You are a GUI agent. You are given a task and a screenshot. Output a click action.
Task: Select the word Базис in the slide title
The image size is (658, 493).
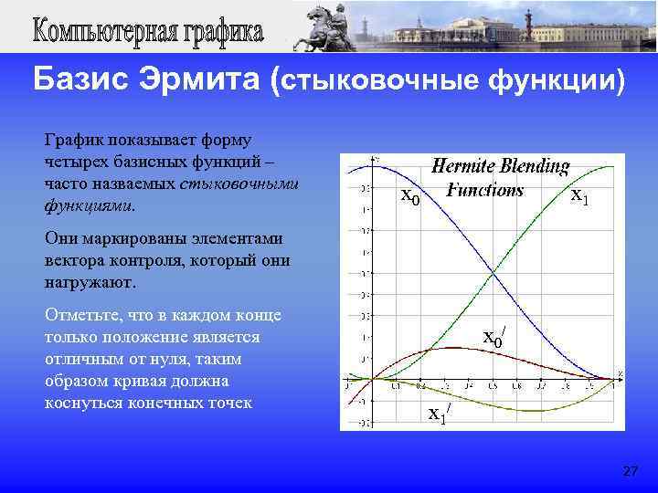click(78, 81)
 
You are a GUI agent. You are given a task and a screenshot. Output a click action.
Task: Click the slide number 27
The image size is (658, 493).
click(630, 471)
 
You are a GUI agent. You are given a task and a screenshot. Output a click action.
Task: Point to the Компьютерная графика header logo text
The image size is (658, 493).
click(149, 34)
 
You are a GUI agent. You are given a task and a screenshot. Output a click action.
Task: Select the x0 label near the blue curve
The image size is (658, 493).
click(411, 198)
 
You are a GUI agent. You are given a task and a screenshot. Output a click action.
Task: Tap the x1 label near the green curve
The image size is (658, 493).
click(579, 196)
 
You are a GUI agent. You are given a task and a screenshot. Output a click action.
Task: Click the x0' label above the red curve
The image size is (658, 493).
click(493, 339)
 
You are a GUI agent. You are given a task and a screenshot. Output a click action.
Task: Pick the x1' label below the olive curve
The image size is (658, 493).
click(439, 414)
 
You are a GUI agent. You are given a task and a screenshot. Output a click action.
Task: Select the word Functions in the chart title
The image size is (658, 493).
click(484, 190)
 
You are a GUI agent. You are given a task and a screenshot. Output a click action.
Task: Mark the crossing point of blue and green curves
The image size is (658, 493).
click(493, 271)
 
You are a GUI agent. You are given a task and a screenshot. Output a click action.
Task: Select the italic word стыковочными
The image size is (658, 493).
click(239, 184)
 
